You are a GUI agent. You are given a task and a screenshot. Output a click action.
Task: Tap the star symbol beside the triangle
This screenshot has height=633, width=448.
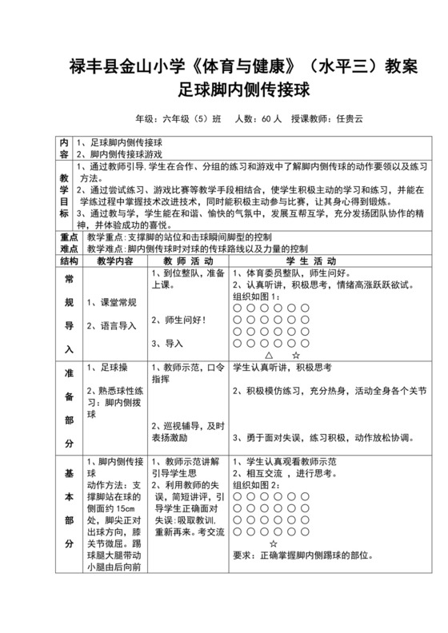(x=296, y=352)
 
